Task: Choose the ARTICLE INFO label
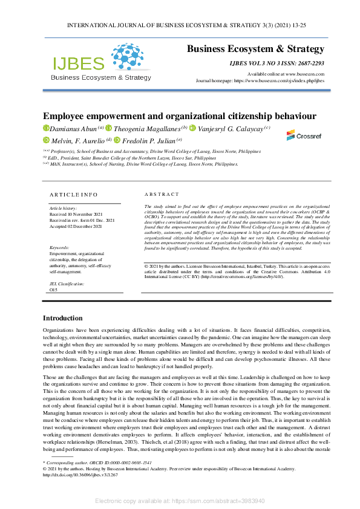73,195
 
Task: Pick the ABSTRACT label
162,195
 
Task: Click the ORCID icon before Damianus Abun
45,128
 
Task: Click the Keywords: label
61,248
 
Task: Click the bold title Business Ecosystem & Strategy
255,49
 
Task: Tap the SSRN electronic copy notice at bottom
180,501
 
